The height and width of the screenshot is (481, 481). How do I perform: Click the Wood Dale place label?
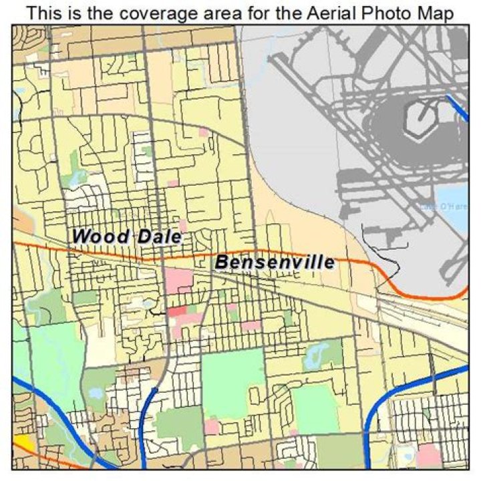tap(127, 236)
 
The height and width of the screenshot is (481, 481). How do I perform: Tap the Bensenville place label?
tap(275, 263)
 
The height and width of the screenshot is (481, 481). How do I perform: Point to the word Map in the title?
tap(438, 13)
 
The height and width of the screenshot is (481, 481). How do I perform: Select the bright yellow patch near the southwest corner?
tap(24, 443)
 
